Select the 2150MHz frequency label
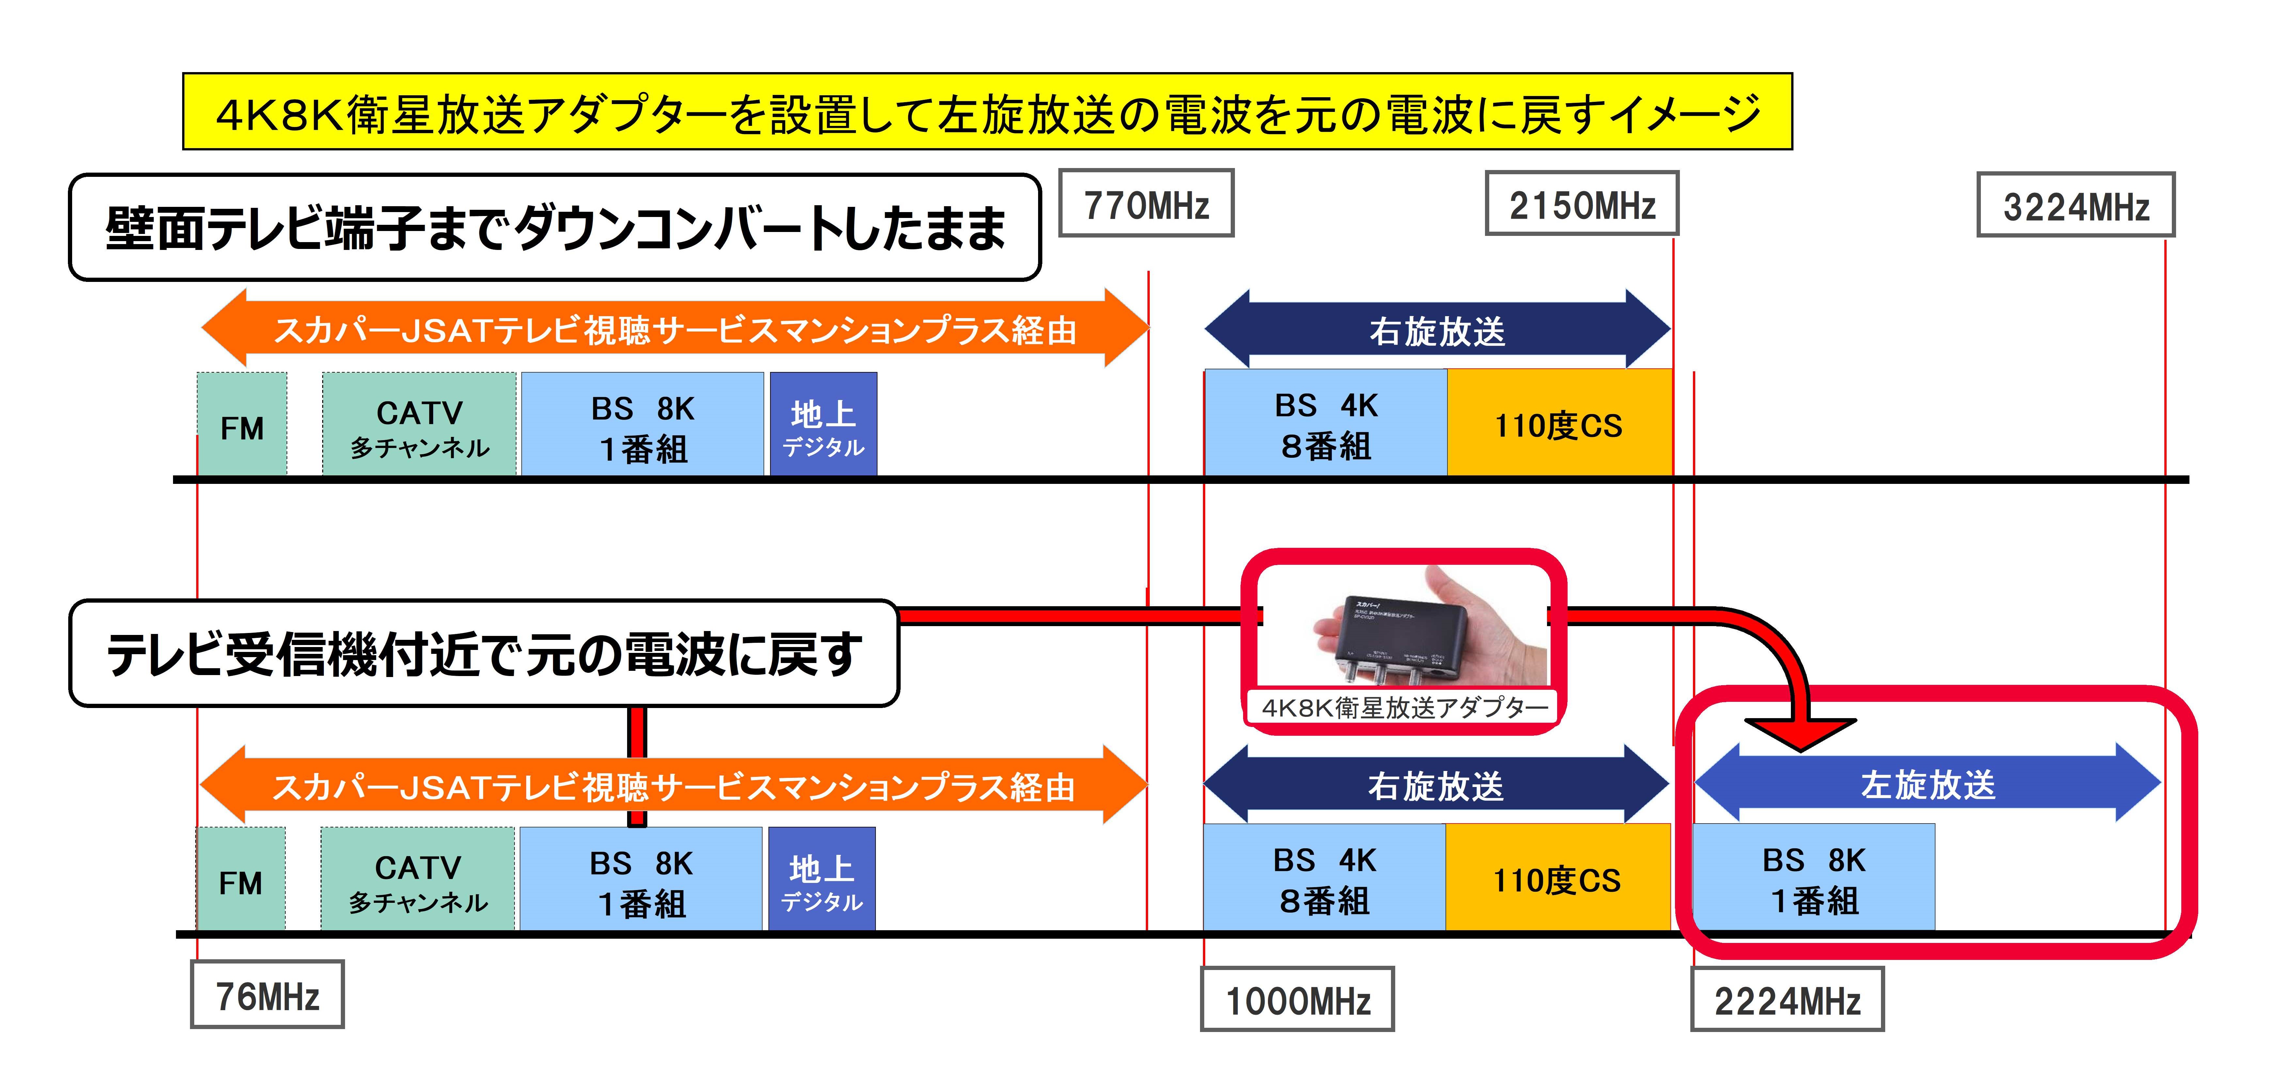pos(1582,204)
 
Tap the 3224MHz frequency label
pos(2075,205)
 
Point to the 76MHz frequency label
pos(267,994)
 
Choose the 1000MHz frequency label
pos(1297,999)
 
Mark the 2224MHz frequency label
pos(1787,999)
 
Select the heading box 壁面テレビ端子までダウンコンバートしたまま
pos(555,227)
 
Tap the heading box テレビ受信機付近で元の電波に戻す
pos(484,654)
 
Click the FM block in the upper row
pos(242,425)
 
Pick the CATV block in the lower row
pos(418,880)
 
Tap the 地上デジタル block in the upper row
pos(823,425)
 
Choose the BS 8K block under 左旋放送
pos(1813,878)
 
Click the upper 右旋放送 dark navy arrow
pos(1437,330)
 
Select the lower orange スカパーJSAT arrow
pos(673,786)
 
